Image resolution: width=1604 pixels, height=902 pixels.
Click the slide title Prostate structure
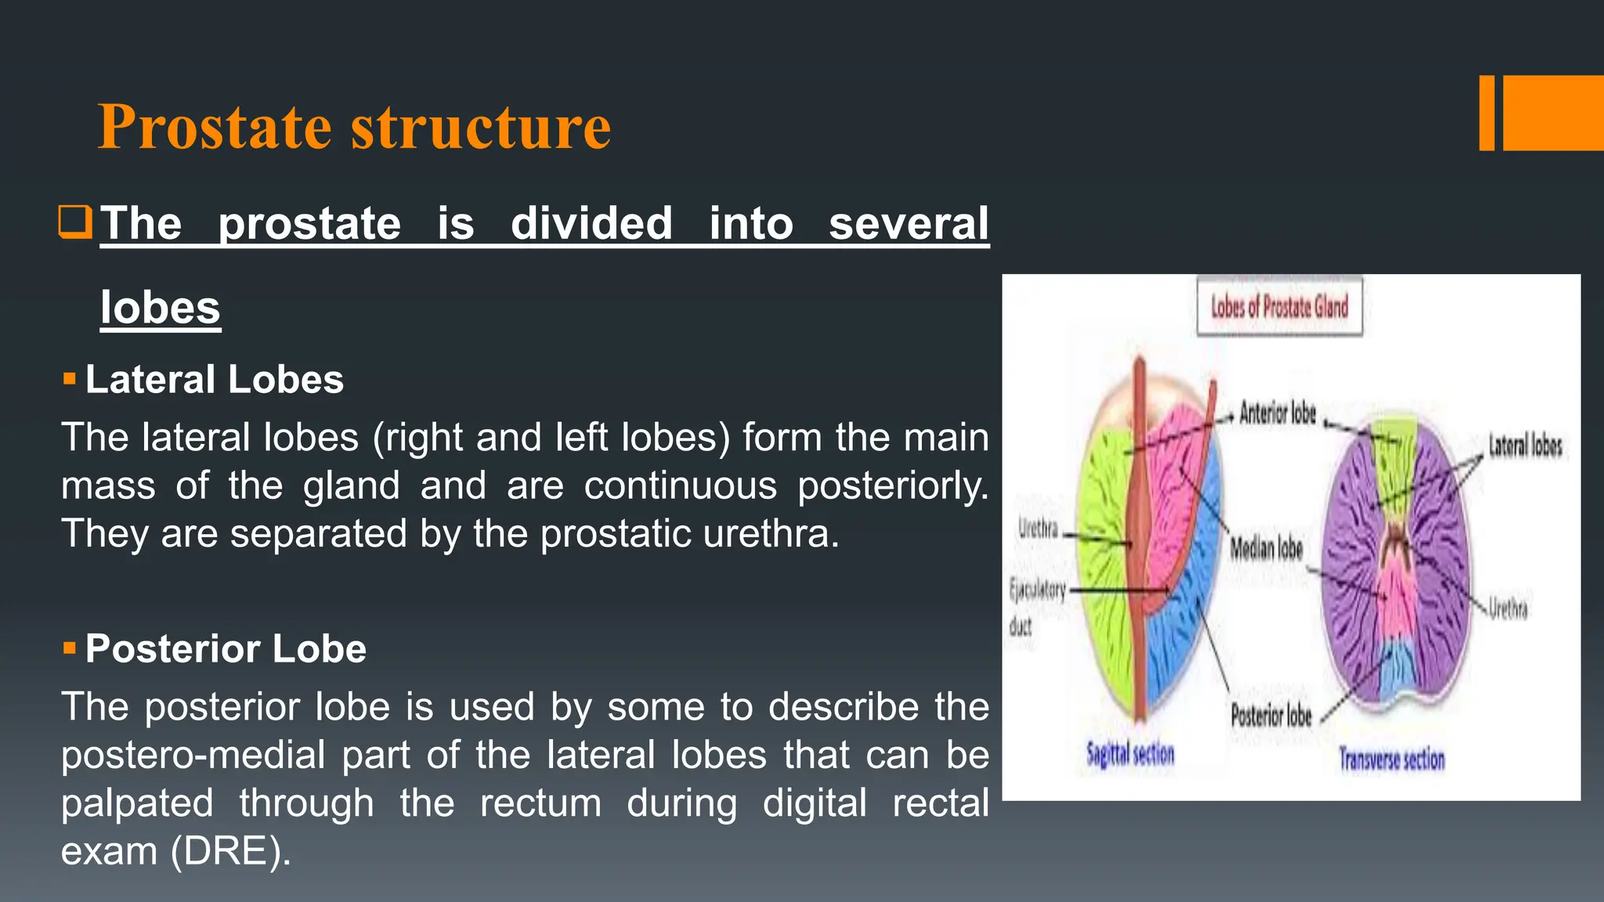pyautogui.click(x=354, y=127)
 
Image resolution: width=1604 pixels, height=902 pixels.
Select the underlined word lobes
pyautogui.click(x=161, y=308)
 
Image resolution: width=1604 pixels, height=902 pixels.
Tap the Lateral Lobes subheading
pyautogui.click(x=214, y=380)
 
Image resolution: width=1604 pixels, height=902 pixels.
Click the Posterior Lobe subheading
pyautogui.click(x=226, y=649)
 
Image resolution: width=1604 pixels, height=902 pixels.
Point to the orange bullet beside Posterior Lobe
pyautogui.click(x=70, y=648)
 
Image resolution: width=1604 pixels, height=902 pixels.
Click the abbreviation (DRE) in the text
pyautogui.click(x=230, y=851)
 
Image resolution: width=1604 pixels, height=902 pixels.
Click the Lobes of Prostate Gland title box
pyautogui.click(x=1279, y=307)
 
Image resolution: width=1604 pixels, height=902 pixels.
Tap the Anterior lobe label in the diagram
pyautogui.click(x=1277, y=413)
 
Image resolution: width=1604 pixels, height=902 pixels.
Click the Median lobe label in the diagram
pyautogui.click(x=1266, y=548)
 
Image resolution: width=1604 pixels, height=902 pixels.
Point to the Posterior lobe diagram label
pyautogui.click(x=1270, y=715)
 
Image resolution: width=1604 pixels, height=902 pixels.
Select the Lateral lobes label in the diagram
pyautogui.click(x=1524, y=446)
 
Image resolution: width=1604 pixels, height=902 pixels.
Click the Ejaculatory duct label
pyautogui.click(x=1035, y=606)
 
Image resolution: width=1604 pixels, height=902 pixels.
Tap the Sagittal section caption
pyautogui.click(x=1129, y=755)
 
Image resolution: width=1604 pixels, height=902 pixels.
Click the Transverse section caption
pyautogui.click(x=1391, y=759)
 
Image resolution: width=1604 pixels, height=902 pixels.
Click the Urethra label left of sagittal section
pyautogui.click(x=1038, y=529)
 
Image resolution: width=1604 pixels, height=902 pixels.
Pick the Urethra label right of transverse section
pyautogui.click(x=1508, y=608)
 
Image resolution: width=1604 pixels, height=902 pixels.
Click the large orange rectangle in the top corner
pyautogui.click(x=1553, y=113)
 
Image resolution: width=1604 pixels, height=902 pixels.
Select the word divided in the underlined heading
pyautogui.click(x=591, y=224)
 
